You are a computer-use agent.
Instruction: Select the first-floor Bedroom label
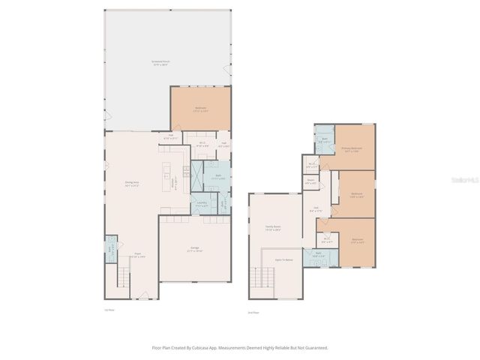pyautogui.click(x=200, y=109)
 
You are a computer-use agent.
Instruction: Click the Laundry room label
pyautogui.click(x=201, y=204)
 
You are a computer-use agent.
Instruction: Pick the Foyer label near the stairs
pyautogui.click(x=138, y=255)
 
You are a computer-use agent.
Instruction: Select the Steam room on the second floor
pyautogui.click(x=310, y=181)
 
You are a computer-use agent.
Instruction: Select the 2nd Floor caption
pyautogui.click(x=253, y=312)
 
